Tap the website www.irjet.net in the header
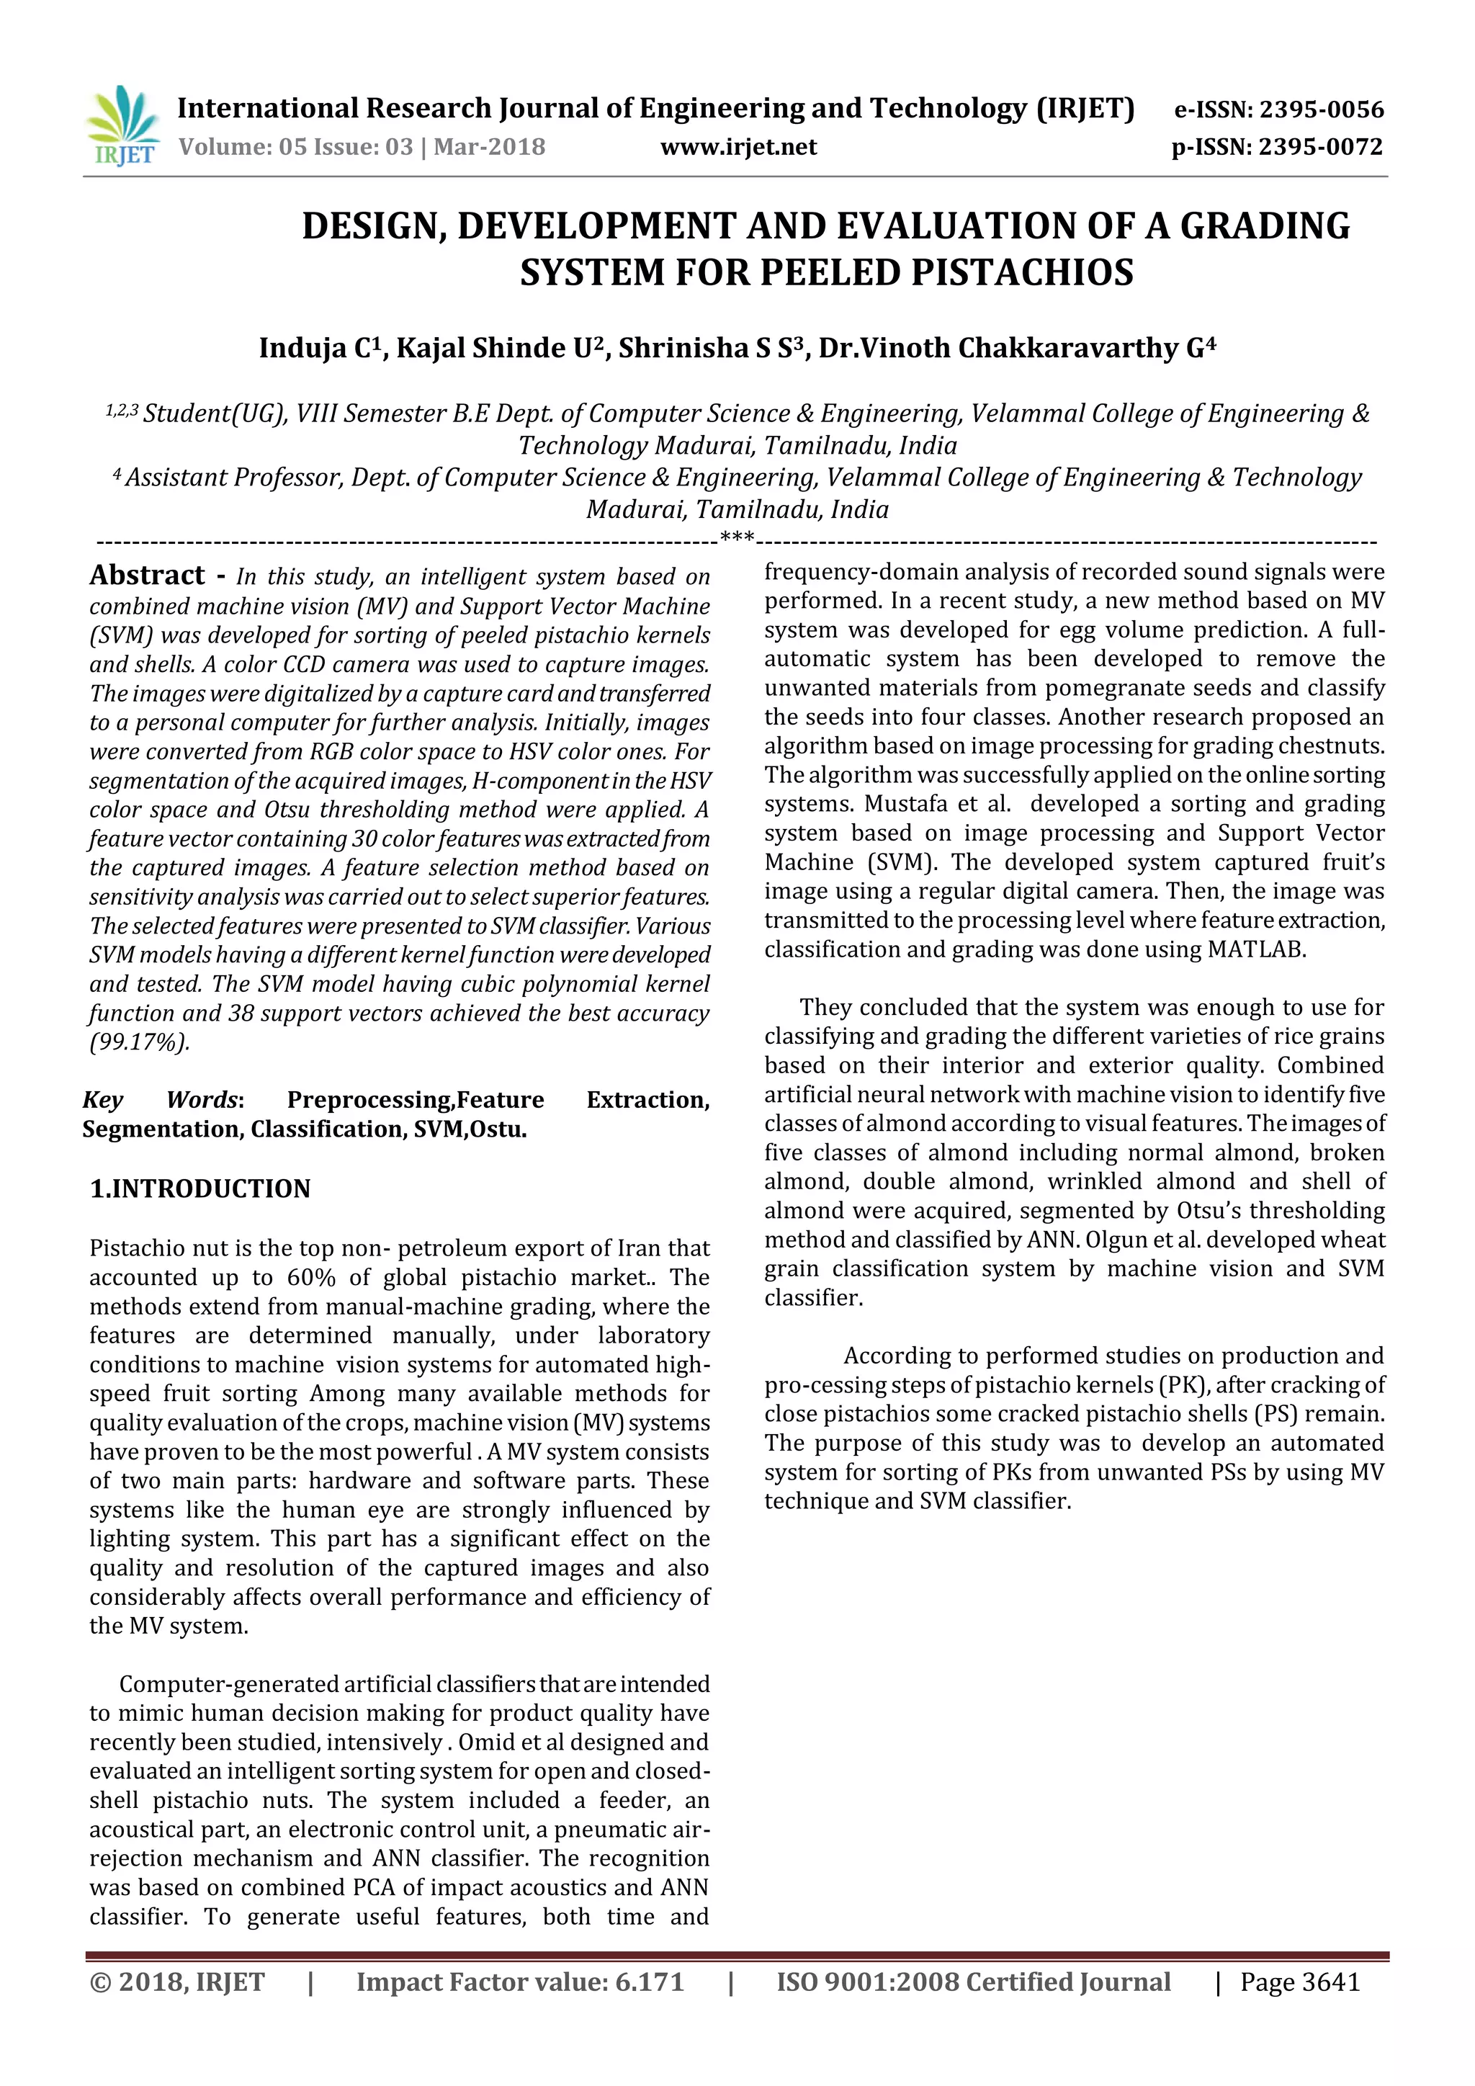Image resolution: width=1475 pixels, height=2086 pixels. (738, 147)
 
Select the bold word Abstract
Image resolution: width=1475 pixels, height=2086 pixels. (147, 575)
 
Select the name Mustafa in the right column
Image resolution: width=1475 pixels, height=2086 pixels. (908, 804)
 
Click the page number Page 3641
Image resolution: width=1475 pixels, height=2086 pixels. (1300, 1982)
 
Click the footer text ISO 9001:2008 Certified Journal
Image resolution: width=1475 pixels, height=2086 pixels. (973, 1982)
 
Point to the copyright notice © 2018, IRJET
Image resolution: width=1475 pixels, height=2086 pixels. (177, 1982)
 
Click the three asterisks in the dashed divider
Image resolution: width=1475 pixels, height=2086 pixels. (737, 538)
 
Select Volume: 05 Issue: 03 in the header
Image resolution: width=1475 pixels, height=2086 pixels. (296, 147)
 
